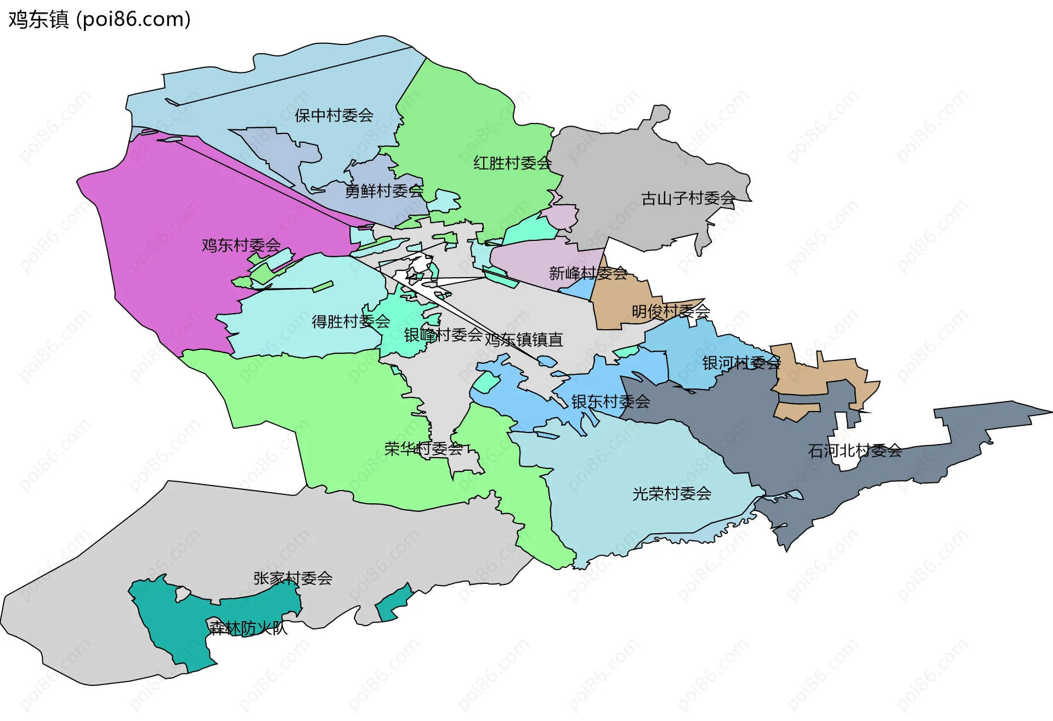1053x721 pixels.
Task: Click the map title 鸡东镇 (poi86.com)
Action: coord(99,20)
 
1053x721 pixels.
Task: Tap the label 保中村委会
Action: coord(333,116)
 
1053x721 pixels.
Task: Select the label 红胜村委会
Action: coord(512,163)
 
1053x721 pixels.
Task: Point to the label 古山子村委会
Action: coord(688,199)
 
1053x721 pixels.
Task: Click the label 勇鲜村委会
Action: coord(384,191)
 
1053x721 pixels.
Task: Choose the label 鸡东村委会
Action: coord(241,245)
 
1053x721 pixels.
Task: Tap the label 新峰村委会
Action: coord(587,273)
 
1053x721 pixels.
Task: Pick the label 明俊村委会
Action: coord(670,312)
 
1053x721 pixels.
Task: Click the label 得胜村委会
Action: coord(350,322)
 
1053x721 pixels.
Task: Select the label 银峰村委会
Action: coord(443,335)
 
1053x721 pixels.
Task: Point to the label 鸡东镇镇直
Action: coord(524,340)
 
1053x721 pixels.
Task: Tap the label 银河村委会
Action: coord(741,363)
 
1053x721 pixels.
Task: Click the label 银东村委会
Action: coord(610,402)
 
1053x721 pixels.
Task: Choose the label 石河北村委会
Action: coord(854,451)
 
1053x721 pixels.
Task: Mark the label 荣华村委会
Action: coord(423,449)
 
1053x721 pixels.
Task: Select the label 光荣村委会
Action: coord(671,494)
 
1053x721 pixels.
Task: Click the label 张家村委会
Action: coord(292,578)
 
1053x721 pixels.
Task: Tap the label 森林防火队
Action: coord(248,628)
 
